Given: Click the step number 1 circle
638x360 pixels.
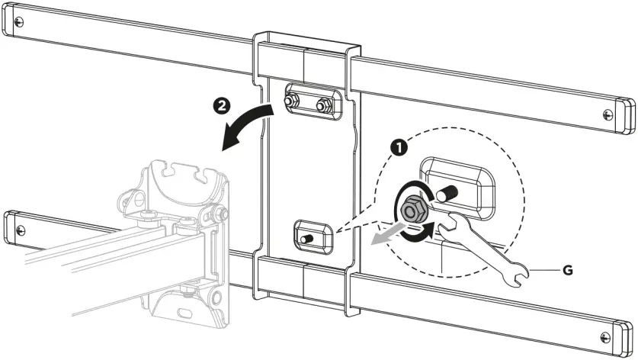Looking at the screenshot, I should coord(398,145).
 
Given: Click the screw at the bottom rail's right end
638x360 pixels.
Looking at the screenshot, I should coord(607,337).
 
